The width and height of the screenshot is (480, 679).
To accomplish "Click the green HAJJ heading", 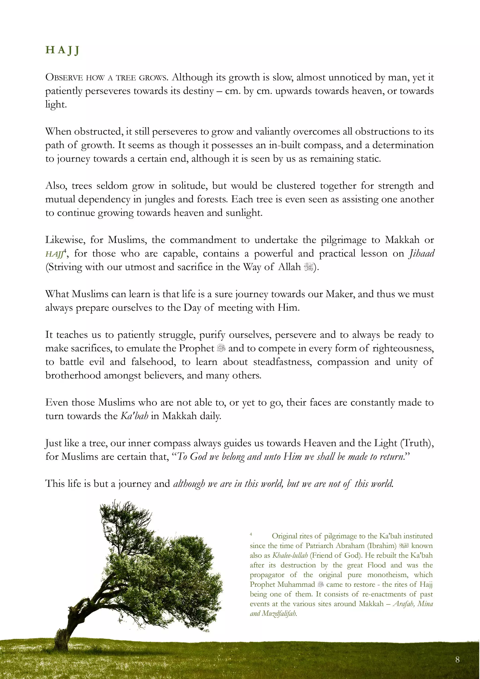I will [62, 50].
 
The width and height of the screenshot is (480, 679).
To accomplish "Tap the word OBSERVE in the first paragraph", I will [64, 78].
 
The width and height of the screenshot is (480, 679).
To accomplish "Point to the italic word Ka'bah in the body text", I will [134, 416].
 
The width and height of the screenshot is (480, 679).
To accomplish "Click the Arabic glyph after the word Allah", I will [308, 267].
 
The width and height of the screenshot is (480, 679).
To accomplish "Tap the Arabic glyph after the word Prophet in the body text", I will [221, 348].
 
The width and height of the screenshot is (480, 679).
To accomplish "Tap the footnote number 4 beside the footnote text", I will [251, 534].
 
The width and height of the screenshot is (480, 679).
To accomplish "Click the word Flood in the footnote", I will [376, 565].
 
